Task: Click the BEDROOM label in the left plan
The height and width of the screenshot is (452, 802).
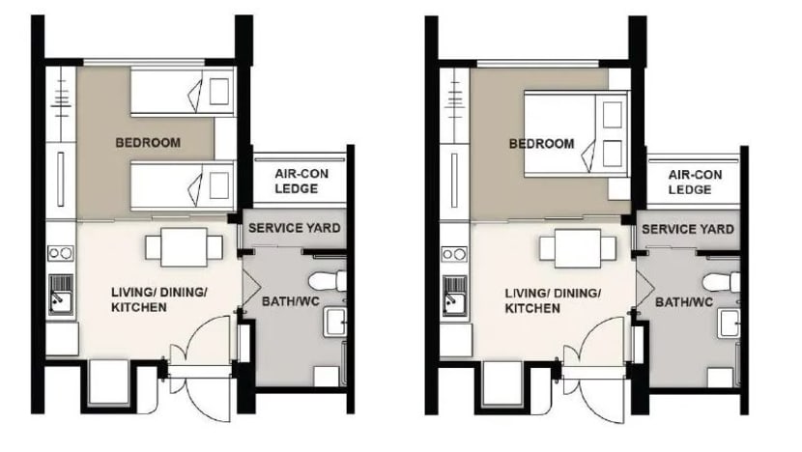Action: tap(148, 143)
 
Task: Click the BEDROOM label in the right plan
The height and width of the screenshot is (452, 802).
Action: tap(542, 144)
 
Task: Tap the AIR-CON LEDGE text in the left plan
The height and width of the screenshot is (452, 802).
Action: tap(301, 181)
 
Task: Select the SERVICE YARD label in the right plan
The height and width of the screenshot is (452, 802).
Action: tap(688, 229)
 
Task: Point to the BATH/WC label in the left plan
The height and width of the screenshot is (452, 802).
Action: tap(291, 301)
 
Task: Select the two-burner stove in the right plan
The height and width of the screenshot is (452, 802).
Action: tap(454, 254)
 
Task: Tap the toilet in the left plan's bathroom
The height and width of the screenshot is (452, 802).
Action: tap(328, 282)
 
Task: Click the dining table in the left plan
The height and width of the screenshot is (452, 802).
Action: tap(185, 247)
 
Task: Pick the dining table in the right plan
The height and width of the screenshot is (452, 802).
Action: tap(578, 248)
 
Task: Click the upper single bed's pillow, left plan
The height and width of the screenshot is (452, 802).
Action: tap(218, 92)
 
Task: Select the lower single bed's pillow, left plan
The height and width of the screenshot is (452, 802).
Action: tap(218, 185)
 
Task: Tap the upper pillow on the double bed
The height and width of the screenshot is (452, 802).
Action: tap(613, 115)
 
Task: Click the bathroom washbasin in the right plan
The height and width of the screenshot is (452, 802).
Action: tap(729, 323)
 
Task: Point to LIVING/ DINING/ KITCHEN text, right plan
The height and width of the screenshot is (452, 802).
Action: tap(553, 300)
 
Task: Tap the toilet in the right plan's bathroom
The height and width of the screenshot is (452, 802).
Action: tap(721, 282)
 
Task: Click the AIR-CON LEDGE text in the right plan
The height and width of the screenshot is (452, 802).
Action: tap(695, 182)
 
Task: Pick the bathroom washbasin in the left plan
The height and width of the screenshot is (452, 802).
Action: tap(335, 322)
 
